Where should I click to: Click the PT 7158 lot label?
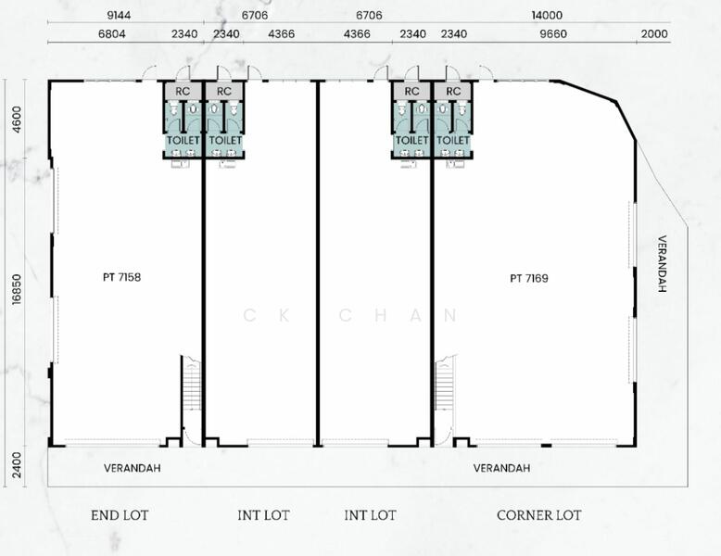click(122, 276)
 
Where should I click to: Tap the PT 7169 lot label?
click(528, 277)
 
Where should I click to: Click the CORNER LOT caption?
click(538, 515)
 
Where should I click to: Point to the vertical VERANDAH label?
click(662, 263)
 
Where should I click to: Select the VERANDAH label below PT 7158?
click(132, 468)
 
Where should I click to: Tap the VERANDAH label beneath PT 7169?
click(501, 468)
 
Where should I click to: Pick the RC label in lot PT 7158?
click(183, 91)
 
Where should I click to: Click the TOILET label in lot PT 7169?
click(453, 140)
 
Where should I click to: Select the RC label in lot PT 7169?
click(453, 91)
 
